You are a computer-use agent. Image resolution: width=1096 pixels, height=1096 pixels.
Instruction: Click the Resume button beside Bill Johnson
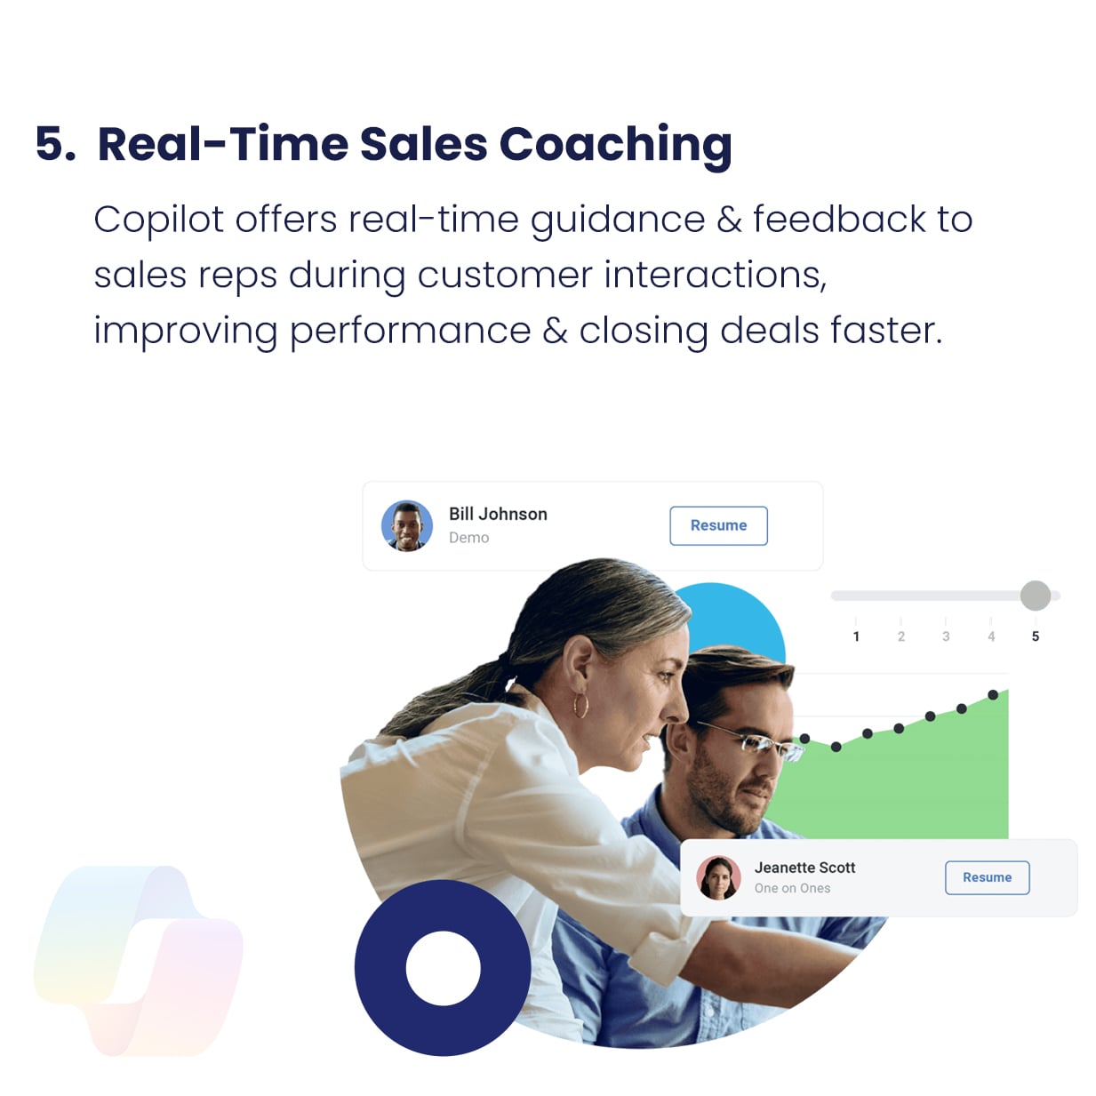pyautogui.click(x=718, y=525)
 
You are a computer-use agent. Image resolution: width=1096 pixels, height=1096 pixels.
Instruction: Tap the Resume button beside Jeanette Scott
pyautogui.click(x=987, y=877)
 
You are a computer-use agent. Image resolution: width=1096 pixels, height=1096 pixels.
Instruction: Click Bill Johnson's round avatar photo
pyautogui.click(x=406, y=526)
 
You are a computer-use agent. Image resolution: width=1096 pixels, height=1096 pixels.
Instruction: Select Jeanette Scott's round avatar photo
pyautogui.click(x=718, y=877)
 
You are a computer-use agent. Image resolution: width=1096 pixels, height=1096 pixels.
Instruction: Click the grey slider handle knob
pyautogui.click(x=1036, y=596)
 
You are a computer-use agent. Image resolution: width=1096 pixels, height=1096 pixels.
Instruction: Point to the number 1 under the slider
pyautogui.click(x=856, y=636)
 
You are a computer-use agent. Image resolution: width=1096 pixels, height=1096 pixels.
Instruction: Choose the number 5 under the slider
pyautogui.click(x=1036, y=636)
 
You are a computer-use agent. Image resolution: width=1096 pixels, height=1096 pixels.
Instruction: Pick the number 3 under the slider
pyautogui.click(x=946, y=636)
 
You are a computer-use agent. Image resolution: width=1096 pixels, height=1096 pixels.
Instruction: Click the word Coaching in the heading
pyautogui.click(x=615, y=146)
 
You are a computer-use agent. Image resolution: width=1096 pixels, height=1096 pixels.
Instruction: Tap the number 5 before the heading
pyautogui.click(x=55, y=144)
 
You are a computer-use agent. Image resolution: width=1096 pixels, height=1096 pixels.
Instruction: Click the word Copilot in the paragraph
pyautogui.click(x=159, y=220)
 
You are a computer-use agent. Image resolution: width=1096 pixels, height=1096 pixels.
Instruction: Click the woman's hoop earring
pyautogui.click(x=580, y=705)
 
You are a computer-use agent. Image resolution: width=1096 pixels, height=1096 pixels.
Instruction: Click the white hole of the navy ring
pyautogui.click(x=443, y=968)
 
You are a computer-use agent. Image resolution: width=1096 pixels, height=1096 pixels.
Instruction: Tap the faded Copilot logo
pyautogui.click(x=138, y=961)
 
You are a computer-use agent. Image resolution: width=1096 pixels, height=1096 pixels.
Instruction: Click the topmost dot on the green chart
pyautogui.click(x=993, y=694)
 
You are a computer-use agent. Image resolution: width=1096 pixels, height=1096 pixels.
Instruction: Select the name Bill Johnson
pyautogui.click(x=498, y=514)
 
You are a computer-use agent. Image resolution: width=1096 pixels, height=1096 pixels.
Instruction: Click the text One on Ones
pyautogui.click(x=792, y=888)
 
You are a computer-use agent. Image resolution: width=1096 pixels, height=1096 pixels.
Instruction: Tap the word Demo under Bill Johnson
pyautogui.click(x=468, y=538)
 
